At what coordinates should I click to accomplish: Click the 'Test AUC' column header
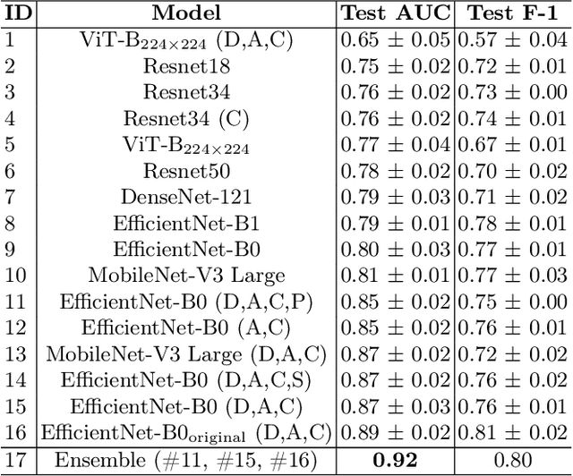pos(396,13)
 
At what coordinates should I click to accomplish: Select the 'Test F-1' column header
pos(513,13)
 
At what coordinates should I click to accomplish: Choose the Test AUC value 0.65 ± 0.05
pos(396,39)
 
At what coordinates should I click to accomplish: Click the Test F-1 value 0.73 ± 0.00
pos(513,91)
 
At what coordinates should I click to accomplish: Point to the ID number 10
pos(16,274)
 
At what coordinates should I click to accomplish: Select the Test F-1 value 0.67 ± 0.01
pos(513,143)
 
